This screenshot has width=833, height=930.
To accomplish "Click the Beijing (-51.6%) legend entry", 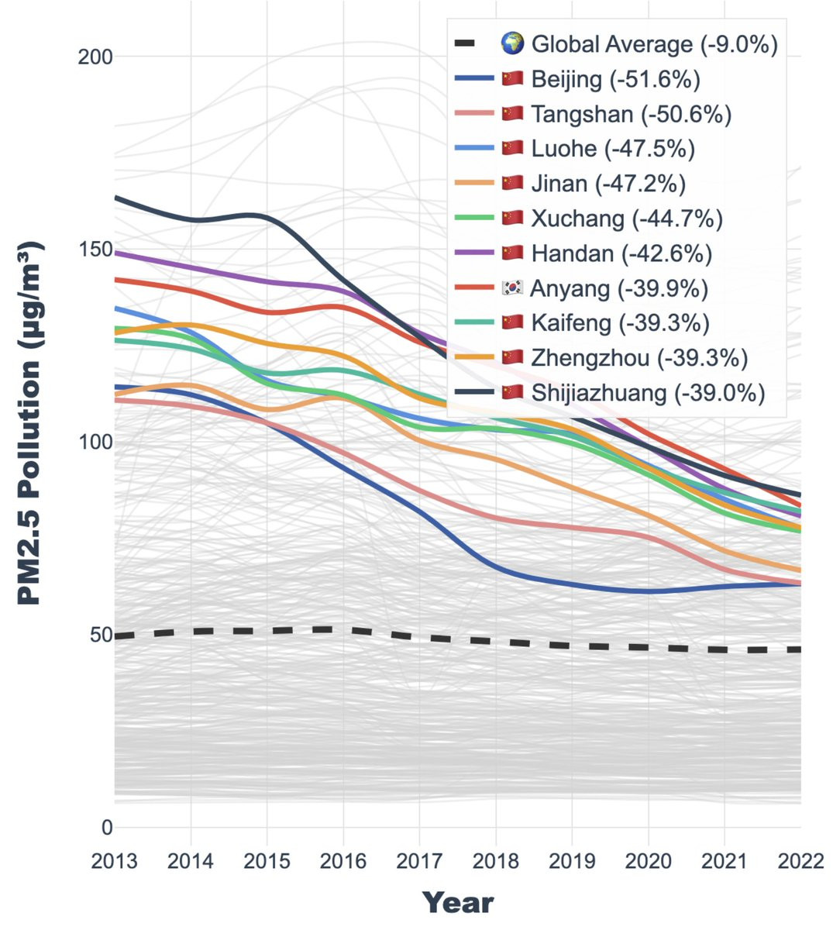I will click(615, 79).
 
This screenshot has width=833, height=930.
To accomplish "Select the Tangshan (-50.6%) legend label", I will click(631, 114).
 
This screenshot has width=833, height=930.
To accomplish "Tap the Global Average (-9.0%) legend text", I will click(654, 44).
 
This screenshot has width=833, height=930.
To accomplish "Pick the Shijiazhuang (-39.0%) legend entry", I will click(648, 393).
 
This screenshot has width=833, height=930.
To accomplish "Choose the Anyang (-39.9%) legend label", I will click(619, 288).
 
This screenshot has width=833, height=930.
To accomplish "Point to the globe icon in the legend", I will click(513, 44).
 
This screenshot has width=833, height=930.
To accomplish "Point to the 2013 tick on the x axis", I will click(114, 861).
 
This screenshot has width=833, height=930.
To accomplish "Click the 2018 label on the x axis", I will click(496, 861).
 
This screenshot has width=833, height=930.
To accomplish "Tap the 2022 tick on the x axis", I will click(800, 861).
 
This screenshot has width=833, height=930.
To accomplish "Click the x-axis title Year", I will click(457, 903).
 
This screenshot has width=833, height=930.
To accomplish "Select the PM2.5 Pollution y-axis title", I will click(29, 422).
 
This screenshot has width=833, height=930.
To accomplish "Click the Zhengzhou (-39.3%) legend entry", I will click(639, 358).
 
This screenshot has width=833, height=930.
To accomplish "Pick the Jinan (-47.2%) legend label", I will click(608, 184).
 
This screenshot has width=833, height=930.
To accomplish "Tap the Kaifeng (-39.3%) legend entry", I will click(620, 323).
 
